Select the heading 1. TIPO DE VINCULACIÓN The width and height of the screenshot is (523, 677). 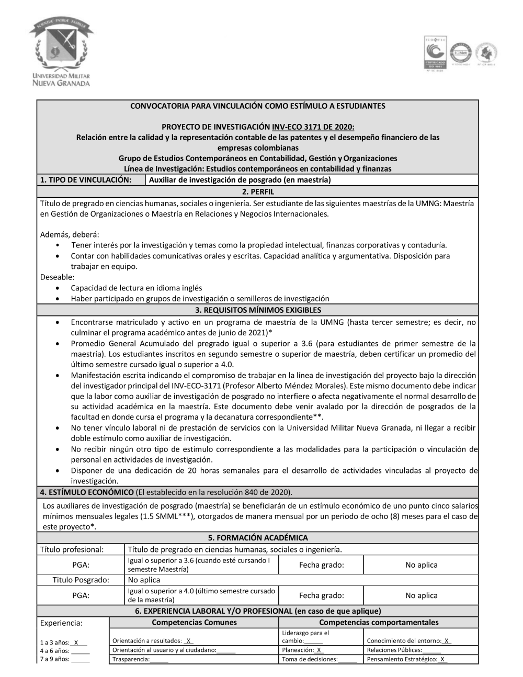[85, 180]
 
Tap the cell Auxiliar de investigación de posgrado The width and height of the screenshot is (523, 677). [240, 180]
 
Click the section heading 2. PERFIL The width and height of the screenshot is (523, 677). [258, 192]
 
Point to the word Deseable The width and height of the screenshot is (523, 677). [57, 277]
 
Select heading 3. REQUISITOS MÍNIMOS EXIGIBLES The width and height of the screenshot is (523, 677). [258, 310]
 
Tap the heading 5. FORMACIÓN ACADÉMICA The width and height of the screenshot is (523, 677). [258, 537]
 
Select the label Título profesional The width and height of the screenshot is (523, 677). [72, 549]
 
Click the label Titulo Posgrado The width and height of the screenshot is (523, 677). [81, 580]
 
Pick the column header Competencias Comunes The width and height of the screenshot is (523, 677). [194, 623]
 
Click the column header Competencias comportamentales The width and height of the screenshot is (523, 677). [379, 623]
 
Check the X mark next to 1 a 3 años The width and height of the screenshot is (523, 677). [76, 642]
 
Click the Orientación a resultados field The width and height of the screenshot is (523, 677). [153, 641]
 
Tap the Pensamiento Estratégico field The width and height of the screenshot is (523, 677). [407, 659]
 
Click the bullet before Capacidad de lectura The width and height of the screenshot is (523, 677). [58, 288]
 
